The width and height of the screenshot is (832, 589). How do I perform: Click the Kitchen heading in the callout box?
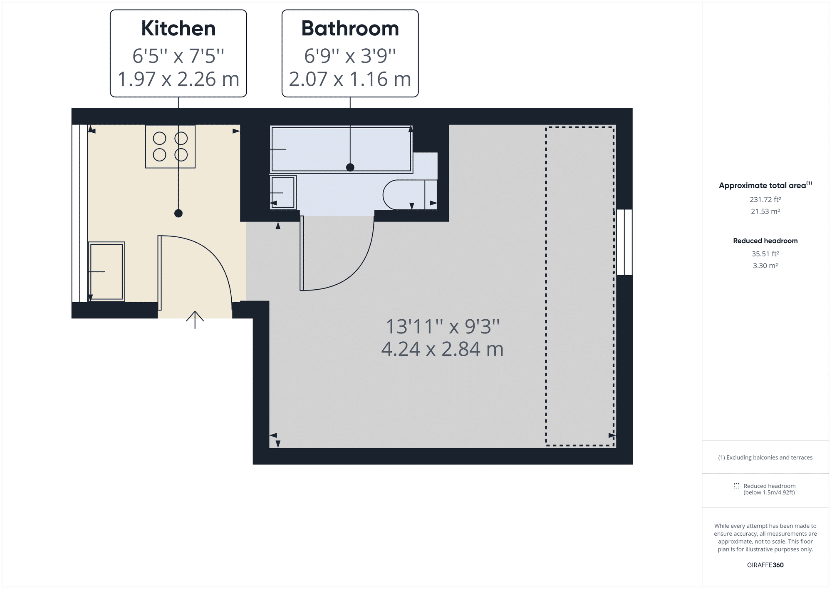178,28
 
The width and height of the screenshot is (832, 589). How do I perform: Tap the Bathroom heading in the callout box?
350,28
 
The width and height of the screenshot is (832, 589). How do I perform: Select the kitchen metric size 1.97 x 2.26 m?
178,79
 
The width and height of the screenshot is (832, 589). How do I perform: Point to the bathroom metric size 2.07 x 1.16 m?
350,79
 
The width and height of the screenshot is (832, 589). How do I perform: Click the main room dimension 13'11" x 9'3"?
443,326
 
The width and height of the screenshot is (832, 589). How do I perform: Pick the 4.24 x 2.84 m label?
443,349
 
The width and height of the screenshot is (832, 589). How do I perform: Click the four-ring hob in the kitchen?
170,147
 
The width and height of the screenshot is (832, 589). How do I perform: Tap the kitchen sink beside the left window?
106,271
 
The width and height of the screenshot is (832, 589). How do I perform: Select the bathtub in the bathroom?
341,149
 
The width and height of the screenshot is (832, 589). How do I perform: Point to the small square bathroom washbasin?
283,192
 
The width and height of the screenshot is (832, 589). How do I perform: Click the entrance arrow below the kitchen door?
195,320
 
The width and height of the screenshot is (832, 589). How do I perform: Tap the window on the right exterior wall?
624,242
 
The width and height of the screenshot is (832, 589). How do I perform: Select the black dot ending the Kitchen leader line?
178,214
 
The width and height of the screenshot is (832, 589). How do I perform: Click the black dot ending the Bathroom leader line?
350,167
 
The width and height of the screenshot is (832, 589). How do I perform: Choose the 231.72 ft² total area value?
765,199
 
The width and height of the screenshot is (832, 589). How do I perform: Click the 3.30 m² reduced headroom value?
765,266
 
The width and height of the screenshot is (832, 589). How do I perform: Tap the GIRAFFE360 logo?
765,565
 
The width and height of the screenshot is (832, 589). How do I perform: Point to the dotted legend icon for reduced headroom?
737,486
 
